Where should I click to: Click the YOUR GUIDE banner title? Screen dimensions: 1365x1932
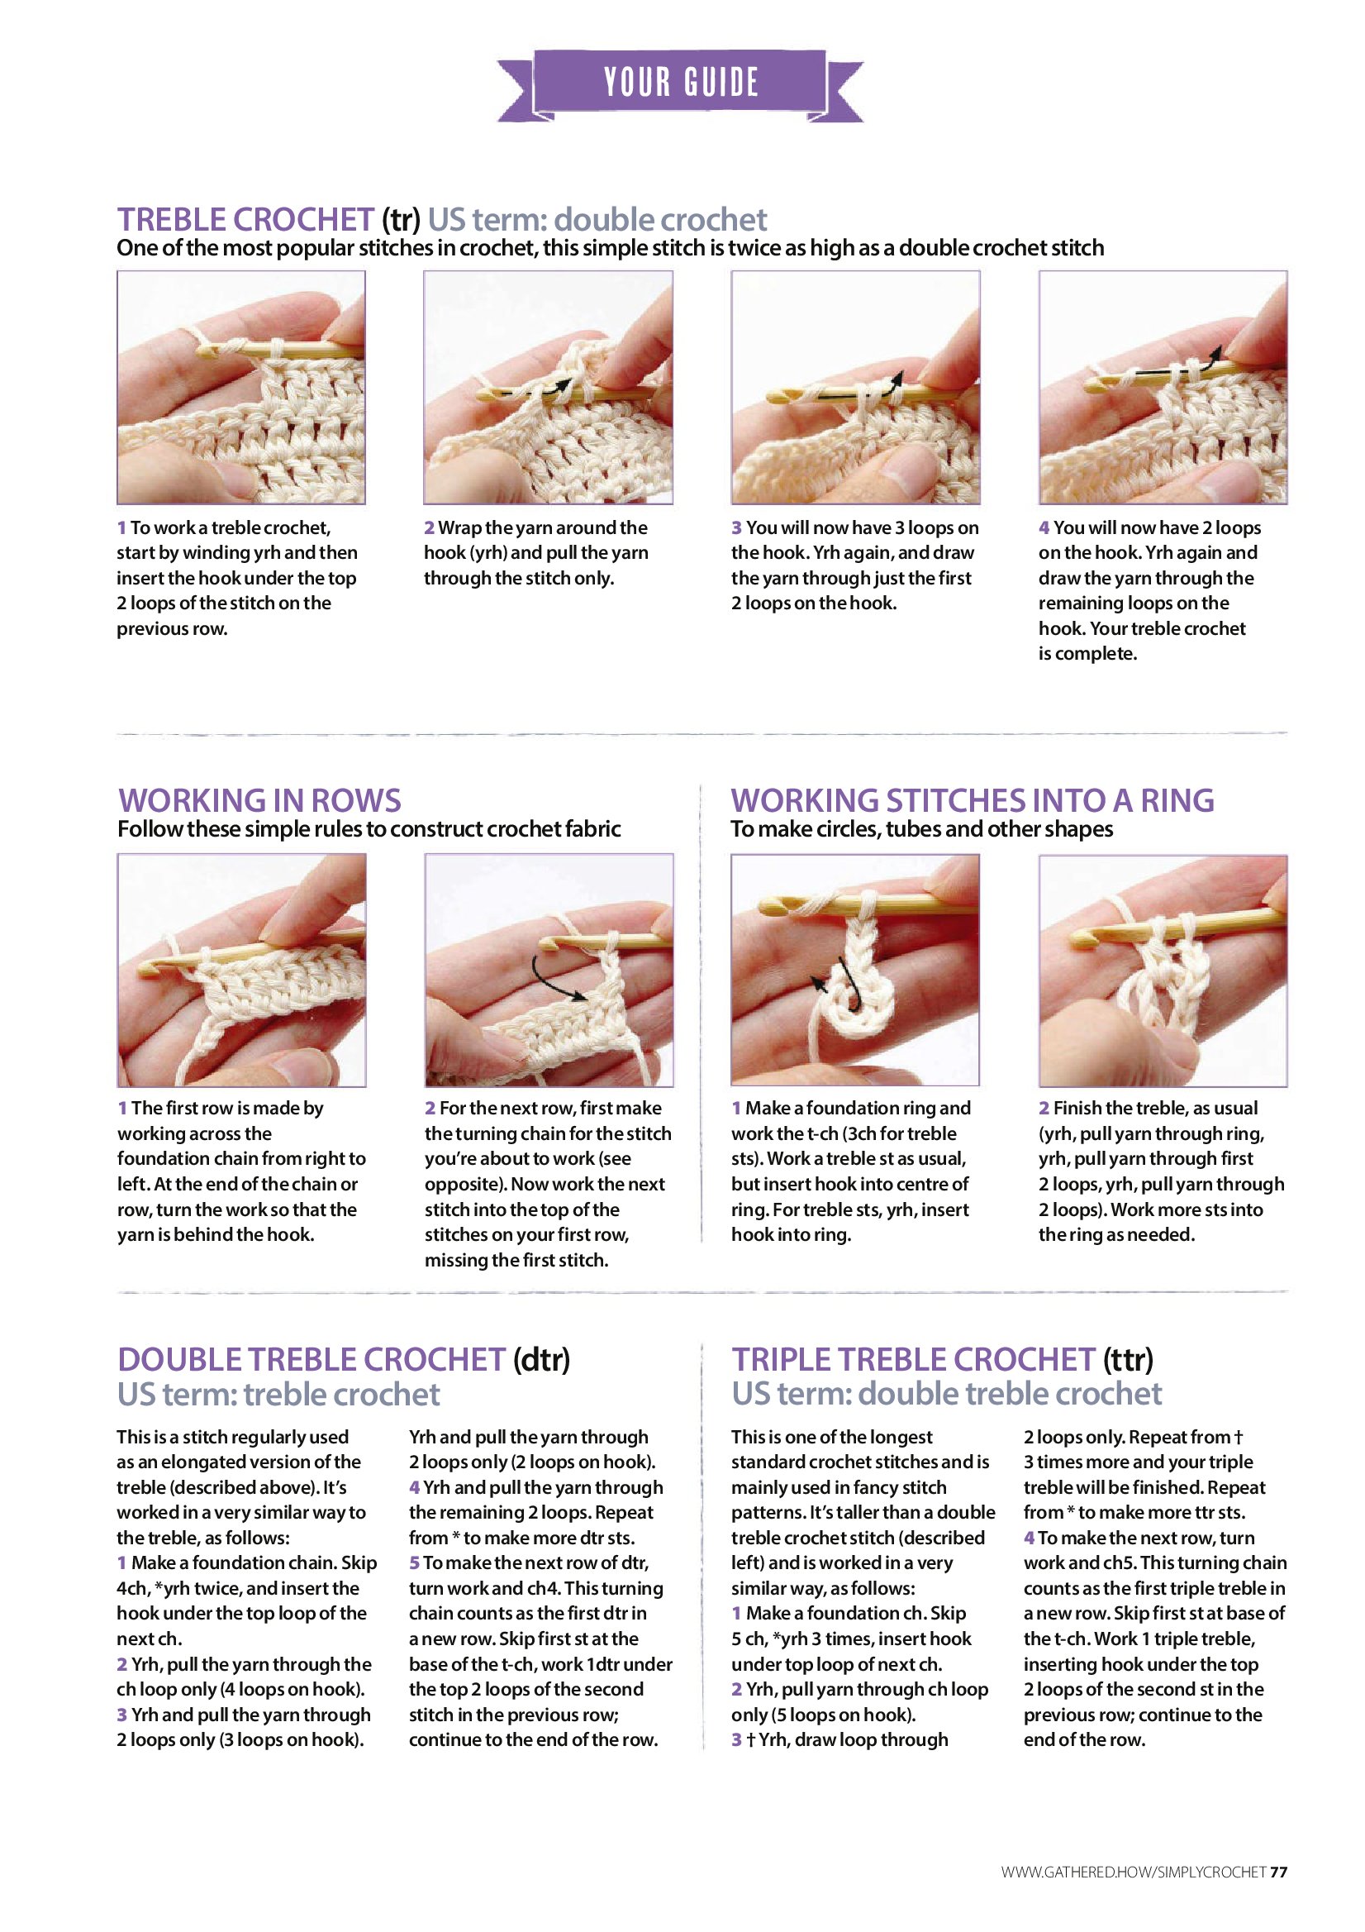(681, 83)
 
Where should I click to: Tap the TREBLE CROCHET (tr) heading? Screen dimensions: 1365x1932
(269, 219)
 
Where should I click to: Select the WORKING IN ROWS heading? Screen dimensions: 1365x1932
(259, 799)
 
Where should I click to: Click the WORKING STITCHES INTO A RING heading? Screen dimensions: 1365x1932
(973, 799)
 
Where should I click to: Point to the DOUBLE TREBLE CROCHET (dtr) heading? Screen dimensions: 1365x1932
(343, 1359)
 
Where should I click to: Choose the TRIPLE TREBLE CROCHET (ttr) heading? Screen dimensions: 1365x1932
(942, 1359)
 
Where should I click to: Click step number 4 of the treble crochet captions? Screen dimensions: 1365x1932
(1044, 527)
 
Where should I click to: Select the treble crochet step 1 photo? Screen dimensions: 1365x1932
(241, 387)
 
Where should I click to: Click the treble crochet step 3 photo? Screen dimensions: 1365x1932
(855, 387)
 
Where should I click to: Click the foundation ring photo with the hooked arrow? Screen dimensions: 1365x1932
(855, 971)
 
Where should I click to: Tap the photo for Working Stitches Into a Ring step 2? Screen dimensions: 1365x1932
(1163, 971)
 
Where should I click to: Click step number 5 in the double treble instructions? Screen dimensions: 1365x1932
(415, 1562)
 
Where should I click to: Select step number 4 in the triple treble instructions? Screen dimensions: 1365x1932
(1029, 1538)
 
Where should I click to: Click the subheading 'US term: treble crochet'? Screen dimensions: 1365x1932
(278, 1395)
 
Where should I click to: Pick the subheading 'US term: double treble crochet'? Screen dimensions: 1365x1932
(946, 1395)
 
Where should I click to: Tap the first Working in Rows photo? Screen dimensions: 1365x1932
(241, 971)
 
